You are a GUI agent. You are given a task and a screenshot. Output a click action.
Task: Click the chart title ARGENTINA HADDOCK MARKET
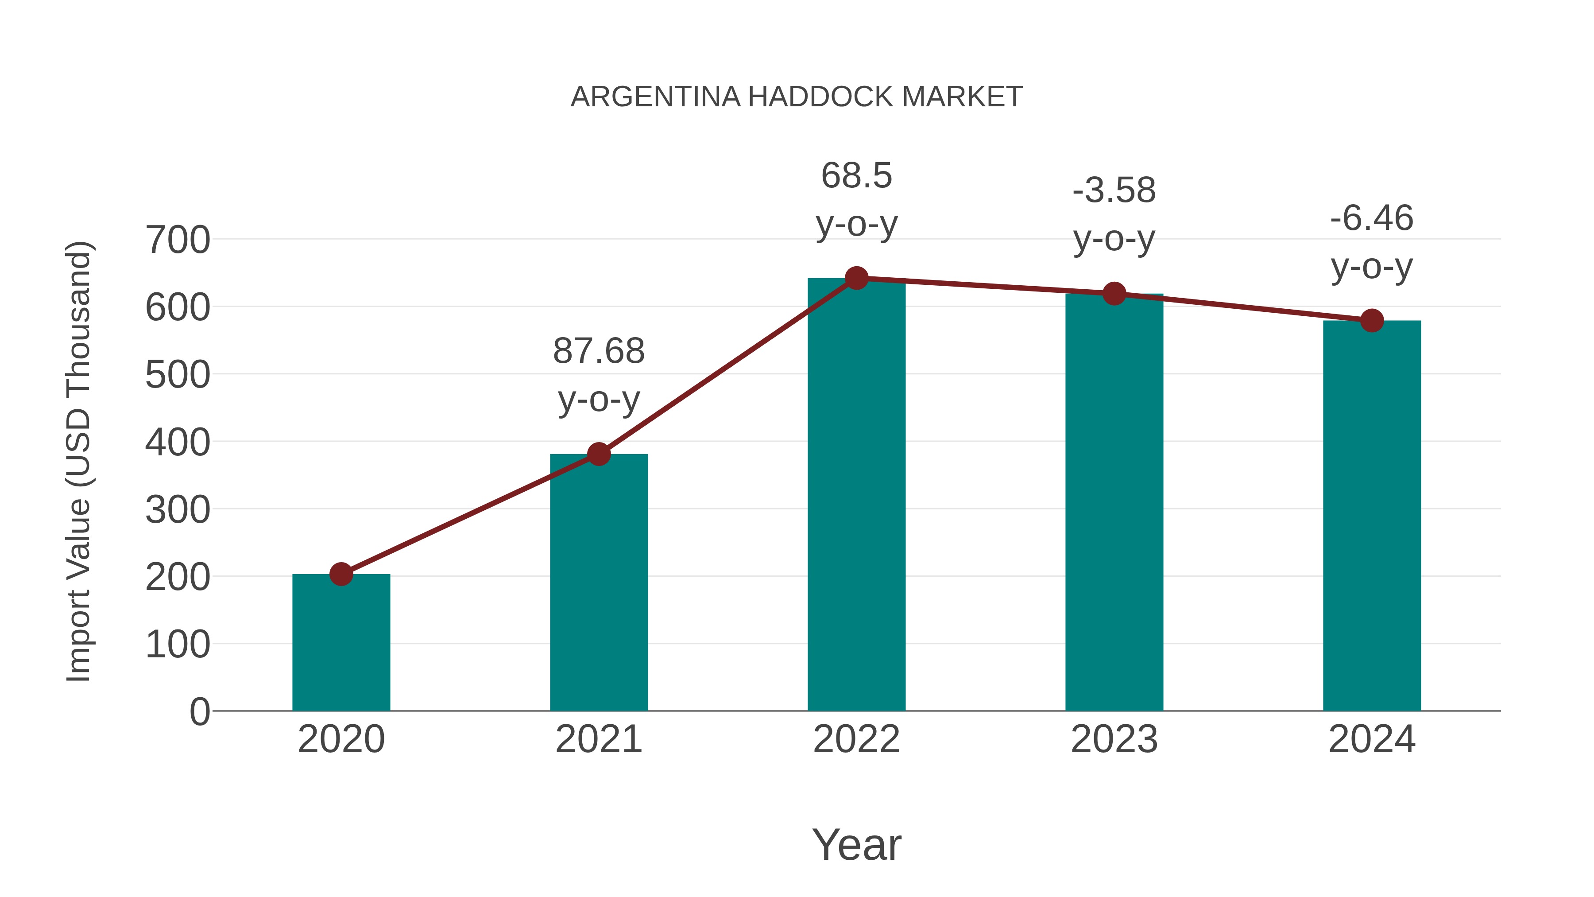[797, 97]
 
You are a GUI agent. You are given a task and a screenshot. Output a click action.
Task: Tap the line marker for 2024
[1372, 321]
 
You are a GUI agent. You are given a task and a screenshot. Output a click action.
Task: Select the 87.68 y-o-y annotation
[598, 375]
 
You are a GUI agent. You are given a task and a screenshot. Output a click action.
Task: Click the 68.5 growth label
[856, 199]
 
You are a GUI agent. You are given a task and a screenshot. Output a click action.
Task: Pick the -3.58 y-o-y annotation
[1114, 214]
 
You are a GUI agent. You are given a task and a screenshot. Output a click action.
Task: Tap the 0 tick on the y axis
[199, 711]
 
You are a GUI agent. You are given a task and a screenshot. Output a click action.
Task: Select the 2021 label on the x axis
[598, 739]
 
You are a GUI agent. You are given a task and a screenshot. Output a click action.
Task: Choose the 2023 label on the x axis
[1114, 739]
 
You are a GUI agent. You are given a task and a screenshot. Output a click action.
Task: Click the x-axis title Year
[856, 844]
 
